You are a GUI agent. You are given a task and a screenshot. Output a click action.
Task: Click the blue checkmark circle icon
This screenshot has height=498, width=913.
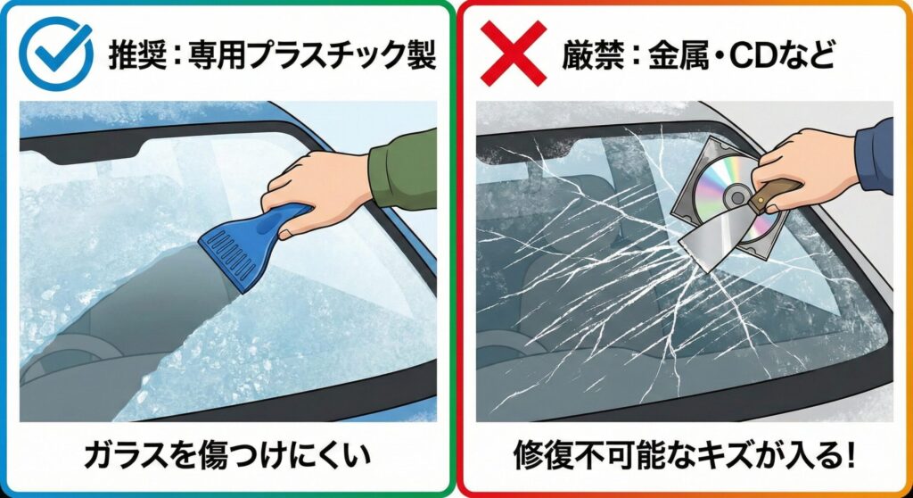55,53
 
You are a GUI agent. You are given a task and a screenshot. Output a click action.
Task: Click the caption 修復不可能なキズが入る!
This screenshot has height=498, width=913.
684,456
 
